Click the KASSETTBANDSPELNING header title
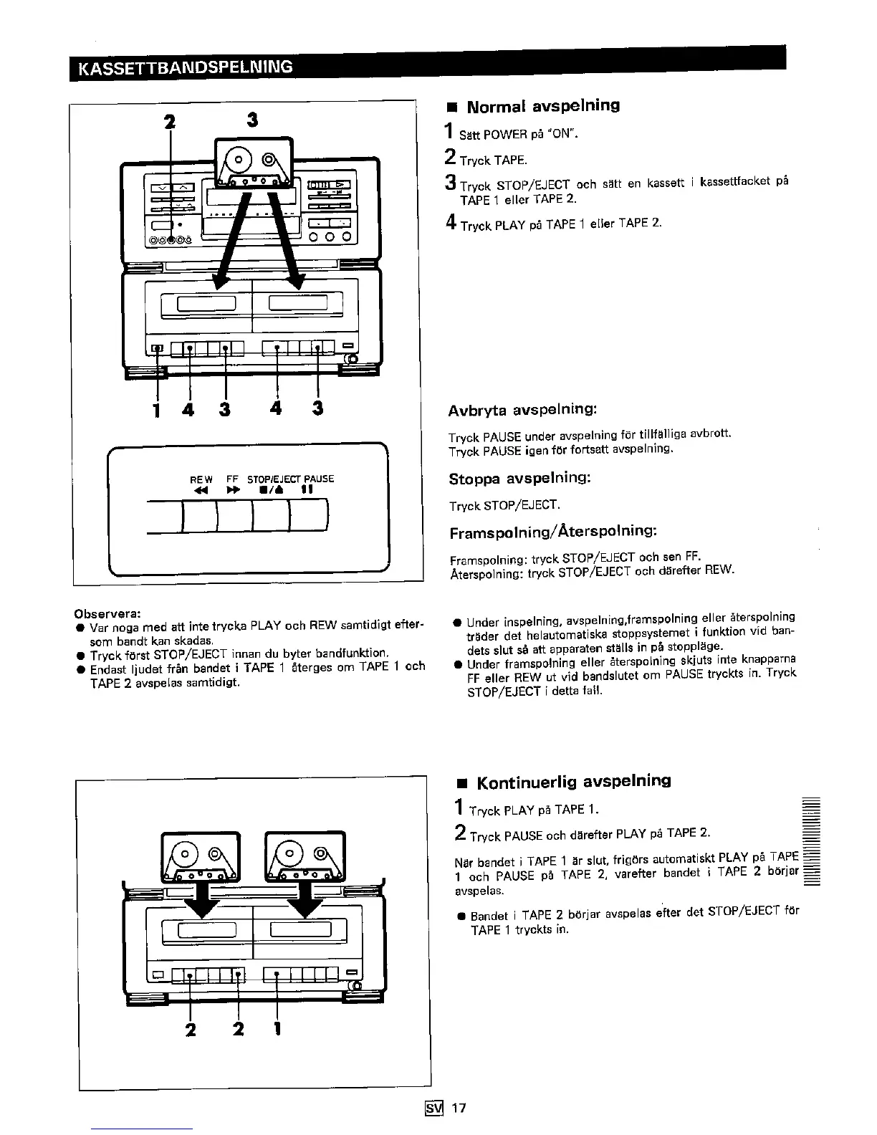186,68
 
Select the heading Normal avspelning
542,106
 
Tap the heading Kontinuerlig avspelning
573,781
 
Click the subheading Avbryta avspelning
522,411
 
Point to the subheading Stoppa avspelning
519,478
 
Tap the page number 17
459,1108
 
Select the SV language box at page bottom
436,1108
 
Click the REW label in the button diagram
201,479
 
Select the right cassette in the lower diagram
305,856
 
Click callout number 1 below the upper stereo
156,410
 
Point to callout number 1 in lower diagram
277,1030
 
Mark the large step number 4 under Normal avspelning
451,224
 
